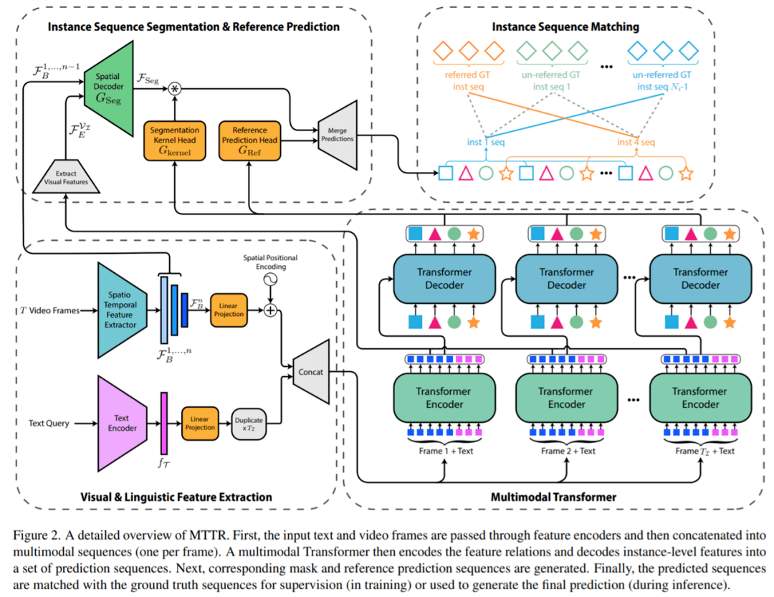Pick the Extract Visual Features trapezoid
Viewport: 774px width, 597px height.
[x=65, y=178]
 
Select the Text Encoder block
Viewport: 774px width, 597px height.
[x=122, y=423]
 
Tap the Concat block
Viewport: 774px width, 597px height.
[x=310, y=372]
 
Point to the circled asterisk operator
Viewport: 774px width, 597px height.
[x=173, y=89]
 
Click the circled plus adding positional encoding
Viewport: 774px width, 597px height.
[x=271, y=310]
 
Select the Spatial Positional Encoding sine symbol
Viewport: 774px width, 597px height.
[x=271, y=280]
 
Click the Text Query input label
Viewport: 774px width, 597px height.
[x=49, y=424]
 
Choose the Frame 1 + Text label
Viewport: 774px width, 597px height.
[x=445, y=450]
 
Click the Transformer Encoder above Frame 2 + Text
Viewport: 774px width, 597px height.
[x=566, y=398]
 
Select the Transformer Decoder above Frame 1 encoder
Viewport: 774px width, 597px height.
[x=444, y=278]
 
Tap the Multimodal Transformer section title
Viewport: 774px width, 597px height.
[x=553, y=496]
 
